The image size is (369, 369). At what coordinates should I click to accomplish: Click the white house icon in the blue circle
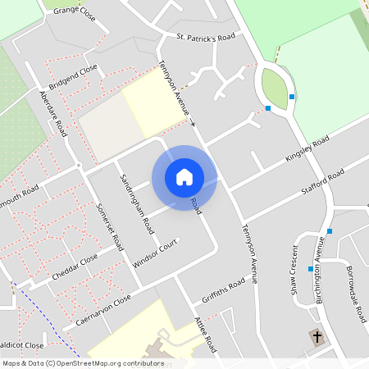184,177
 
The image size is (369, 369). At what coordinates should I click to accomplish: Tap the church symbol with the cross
317,336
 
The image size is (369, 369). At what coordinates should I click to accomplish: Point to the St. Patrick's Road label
206,38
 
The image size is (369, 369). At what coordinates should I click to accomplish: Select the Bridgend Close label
73,75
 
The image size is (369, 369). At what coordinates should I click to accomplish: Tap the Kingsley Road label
306,150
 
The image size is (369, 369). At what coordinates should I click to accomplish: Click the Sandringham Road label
136,204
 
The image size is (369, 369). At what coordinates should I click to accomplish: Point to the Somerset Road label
109,226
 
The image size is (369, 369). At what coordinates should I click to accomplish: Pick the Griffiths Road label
223,289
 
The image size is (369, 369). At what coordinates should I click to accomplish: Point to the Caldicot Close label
21,345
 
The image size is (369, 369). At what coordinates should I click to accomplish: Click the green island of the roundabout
275,88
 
